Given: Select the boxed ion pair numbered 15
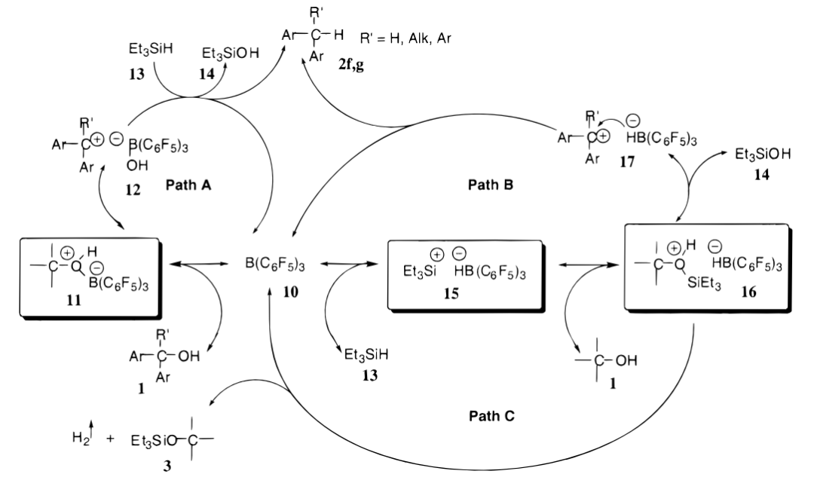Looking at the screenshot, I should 464,274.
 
